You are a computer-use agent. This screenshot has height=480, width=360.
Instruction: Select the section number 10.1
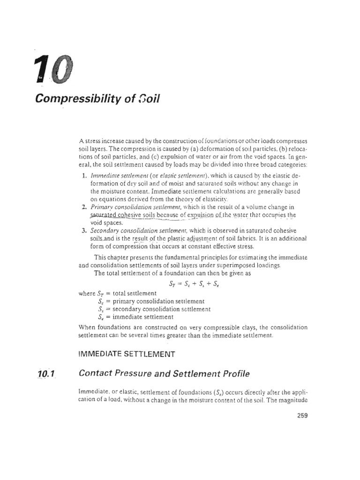tap(45, 374)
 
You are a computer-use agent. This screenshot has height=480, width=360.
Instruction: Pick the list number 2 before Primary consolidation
tap(83, 207)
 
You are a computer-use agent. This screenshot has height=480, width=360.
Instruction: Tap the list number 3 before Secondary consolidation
tap(83, 230)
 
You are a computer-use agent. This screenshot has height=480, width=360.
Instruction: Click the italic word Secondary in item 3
tap(104, 230)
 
